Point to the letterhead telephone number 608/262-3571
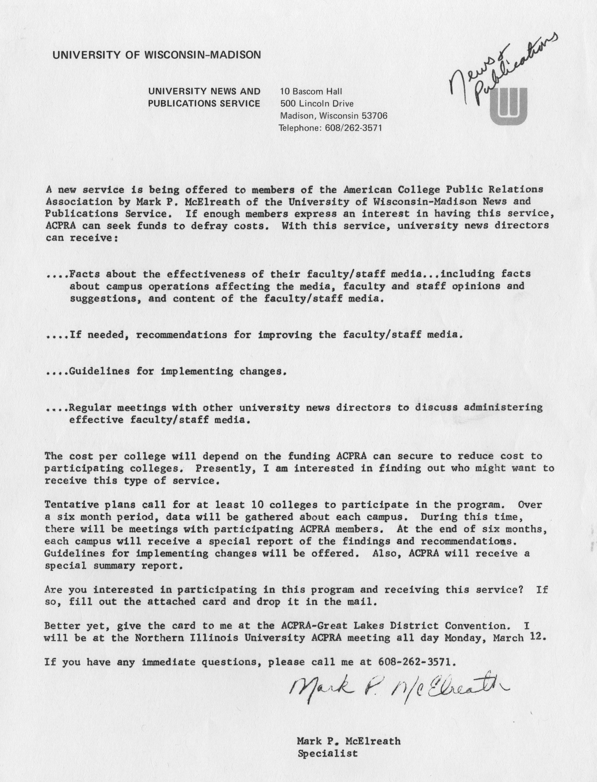(x=353, y=128)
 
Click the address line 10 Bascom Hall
(x=311, y=92)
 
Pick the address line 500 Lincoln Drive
(x=317, y=104)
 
